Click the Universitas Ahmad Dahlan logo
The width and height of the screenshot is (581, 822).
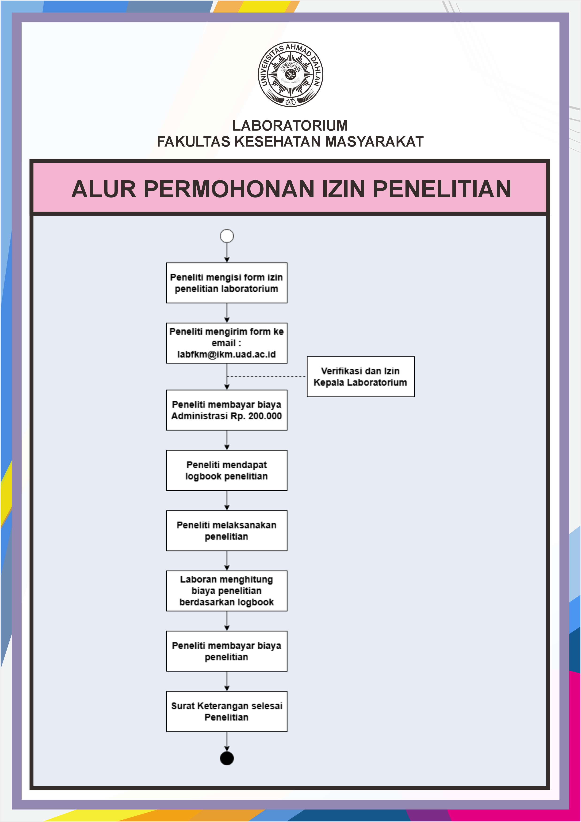tap(290, 74)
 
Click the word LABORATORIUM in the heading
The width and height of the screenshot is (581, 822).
tap(290, 126)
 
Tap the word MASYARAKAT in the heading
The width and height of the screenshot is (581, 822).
tap(374, 142)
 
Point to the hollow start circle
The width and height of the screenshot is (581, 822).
tap(227, 236)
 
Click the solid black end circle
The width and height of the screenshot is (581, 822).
tap(227, 759)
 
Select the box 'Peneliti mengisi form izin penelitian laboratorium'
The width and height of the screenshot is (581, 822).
tap(227, 283)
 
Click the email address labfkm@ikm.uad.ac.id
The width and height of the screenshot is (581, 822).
tap(226, 354)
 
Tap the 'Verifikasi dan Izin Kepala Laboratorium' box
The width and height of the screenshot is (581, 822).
tap(361, 377)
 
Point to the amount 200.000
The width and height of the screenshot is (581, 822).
tap(265, 416)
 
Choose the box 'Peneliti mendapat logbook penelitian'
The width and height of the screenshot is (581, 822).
tap(227, 470)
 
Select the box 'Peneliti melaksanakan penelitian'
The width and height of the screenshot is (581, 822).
tap(227, 531)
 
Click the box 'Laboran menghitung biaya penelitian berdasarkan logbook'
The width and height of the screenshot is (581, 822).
tap(227, 591)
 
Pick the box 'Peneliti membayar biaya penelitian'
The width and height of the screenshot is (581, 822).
tap(227, 651)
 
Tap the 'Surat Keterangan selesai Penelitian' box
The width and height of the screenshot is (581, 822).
tap(227, 711)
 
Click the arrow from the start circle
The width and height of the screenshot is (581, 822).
tap(227, 253)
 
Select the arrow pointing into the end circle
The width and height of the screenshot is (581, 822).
tap(227, 741)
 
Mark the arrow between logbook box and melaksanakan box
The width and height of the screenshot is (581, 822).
tap(227, 500)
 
